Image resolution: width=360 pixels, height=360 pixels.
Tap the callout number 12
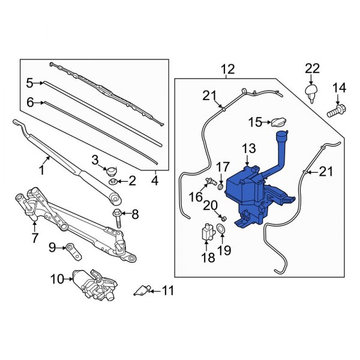point(228,71)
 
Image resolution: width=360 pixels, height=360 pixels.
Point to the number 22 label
point(312,69)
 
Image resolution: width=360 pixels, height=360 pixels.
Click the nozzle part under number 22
point(311,91)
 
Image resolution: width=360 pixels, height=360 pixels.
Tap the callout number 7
point(35,238)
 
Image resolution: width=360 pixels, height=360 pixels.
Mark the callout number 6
point(30,103)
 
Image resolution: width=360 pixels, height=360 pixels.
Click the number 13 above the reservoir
point(248,148)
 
